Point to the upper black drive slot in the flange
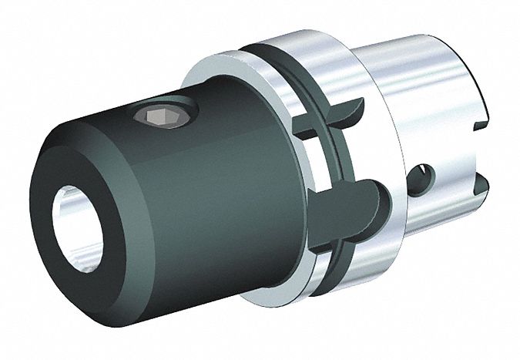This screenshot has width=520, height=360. click(x=339, y=115)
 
